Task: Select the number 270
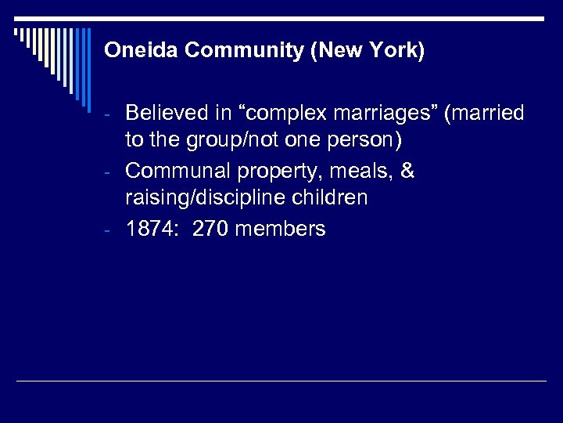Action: tap(209, 229)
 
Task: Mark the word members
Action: tap(280, 229)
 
